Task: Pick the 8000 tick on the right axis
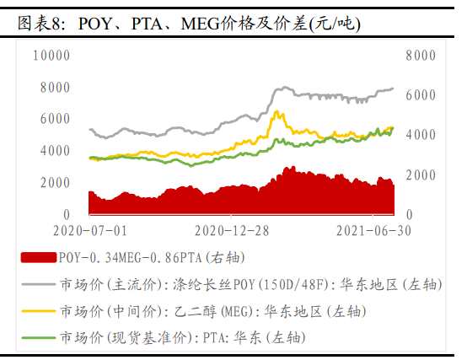[x=419, y=55]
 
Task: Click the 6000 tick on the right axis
[x=419, y=95]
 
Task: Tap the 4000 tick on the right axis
[x=419, y=135]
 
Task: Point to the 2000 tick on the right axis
[x=419, y=175]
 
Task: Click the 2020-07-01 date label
[x=89, y=230]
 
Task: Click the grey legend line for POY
[x=38, y=284]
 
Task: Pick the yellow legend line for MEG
[x=38, y=311]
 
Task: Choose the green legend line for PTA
[x=38, y=337]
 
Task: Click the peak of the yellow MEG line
[x=279, y=111]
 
